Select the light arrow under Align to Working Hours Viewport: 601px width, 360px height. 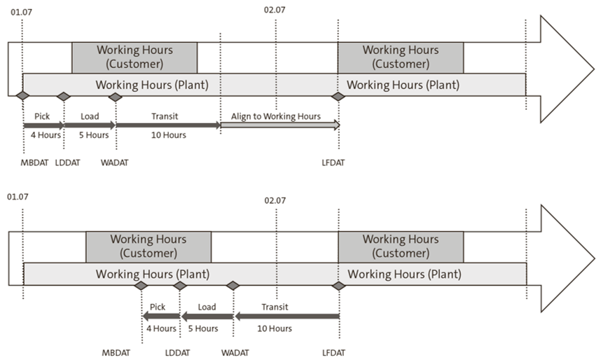tap(280, 125)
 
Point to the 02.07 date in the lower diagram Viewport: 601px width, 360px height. tap(275, 200)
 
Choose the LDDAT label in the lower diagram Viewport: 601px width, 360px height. tap(178, 352)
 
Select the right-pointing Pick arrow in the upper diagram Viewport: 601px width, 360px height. tap(43, 125)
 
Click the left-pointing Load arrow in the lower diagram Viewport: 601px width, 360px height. tap(207, 316)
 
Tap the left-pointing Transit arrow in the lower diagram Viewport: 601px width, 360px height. tap(286, 316)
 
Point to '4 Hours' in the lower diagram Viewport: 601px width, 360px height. tap(160, 328)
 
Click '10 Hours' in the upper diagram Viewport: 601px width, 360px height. tap(169, 135)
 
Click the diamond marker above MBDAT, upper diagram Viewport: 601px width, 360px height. tap(22, 96)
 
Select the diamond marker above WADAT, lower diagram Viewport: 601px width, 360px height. tap(233, 286)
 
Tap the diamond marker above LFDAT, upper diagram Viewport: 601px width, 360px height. tap(338, 96)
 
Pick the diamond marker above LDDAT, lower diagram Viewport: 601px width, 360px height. tap(180, 286)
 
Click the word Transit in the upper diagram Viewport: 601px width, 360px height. tap(169, 116)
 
